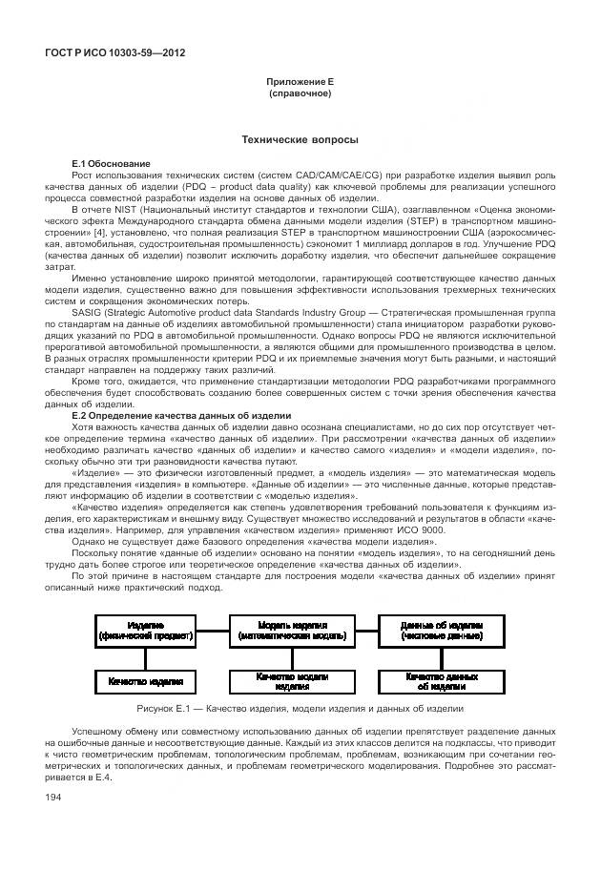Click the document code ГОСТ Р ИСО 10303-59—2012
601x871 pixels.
click(x=114, y=52)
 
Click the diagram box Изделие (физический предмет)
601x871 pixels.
click(x=145, y=630)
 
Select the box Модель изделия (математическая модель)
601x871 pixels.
click(x=291, y=630)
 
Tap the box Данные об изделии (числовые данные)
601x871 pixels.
click(x=441, y=630)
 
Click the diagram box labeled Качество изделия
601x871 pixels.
click(x=145, y=681)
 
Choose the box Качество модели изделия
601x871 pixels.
click(x=291, y=680)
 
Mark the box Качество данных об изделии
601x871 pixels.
click(x=441, y=680)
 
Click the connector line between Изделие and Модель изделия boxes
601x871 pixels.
click(x=213, y=630)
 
